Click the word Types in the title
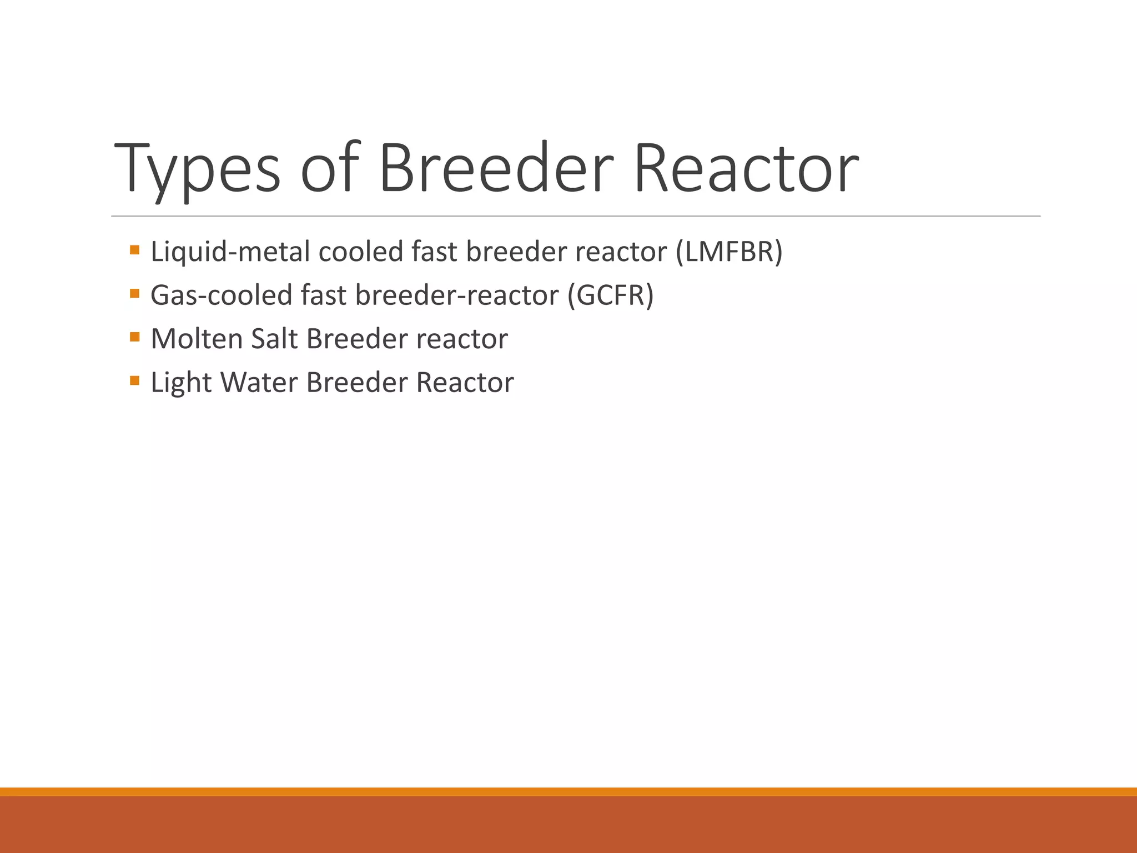(x=197, y=169)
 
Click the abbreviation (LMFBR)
(x=729, y=252)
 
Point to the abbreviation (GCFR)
(x=610, y=295)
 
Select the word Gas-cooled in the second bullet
(x=221, y=295)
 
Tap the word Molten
(x=197, y=339)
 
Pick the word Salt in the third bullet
(x=274, y=339)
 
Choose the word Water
(x=259, y=383)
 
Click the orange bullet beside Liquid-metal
(x=134, y=249)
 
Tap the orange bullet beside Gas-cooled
(x=134, y=293)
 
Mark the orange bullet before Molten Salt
(x=134, y=337)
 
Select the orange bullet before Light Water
(x=134, y=380)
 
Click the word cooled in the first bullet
(x=360, y=252)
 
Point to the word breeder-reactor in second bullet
(x=456, y=295)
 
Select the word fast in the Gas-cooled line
(x=324, y=295)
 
